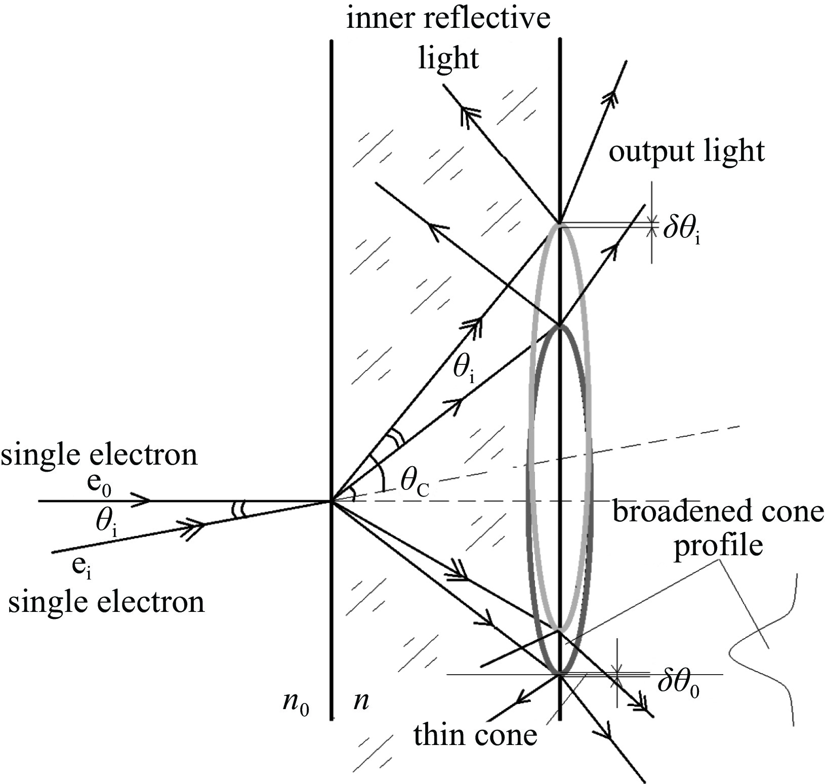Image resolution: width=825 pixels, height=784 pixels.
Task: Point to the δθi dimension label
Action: [682, 231]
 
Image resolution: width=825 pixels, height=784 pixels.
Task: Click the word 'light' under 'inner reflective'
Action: [448, 57]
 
